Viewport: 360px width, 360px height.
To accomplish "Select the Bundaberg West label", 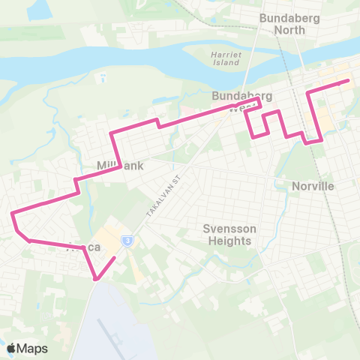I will (x=241, y=101).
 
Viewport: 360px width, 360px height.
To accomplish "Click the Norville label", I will (x=312, y=185).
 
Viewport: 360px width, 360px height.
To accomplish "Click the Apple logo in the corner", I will (x=11, y=348).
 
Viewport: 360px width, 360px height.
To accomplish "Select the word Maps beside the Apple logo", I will (x=32, y=348).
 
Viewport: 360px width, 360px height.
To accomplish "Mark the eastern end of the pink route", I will (x=349, y=81).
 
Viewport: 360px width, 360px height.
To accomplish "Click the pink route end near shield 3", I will (x=115, y=258).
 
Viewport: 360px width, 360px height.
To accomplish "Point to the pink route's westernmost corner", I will (x=13, y=214).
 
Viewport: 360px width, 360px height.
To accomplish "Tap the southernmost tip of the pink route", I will (x=97, y=280).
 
